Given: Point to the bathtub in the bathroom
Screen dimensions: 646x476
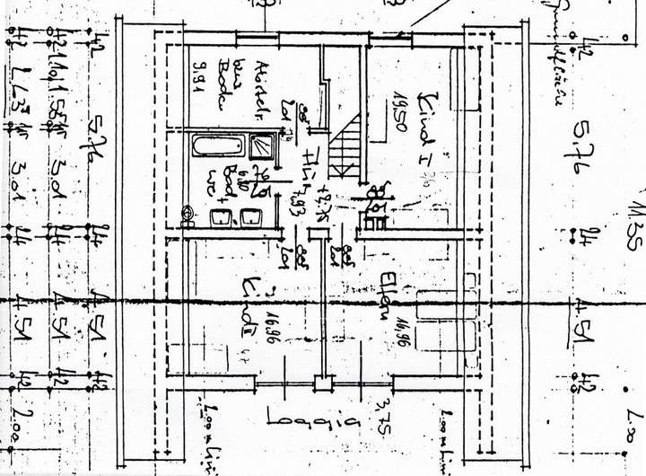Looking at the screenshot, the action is tap(216, 145).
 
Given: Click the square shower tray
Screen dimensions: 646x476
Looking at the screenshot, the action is tap(264, 145).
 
